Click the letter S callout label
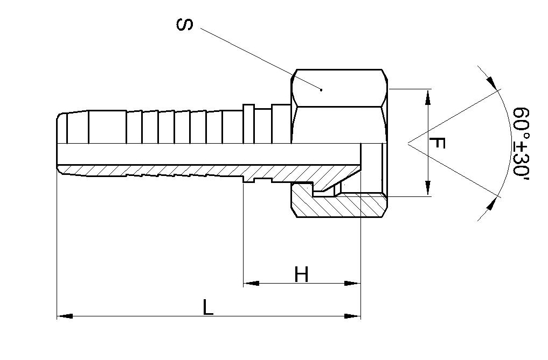pos(184,25)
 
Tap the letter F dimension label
pos(437,143)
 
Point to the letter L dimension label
pos(208,307)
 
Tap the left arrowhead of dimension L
pos(65,316)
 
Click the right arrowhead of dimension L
pos(352,316)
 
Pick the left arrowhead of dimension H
pos(251,283)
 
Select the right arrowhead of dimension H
pos(352,283)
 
